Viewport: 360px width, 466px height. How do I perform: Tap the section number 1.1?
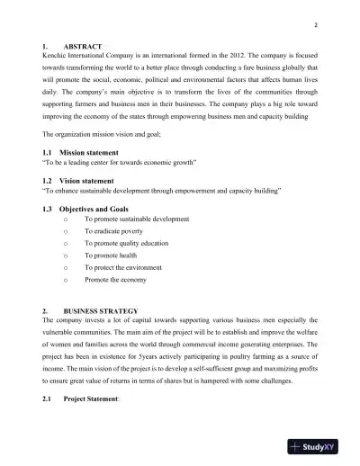click(x=49, y=154)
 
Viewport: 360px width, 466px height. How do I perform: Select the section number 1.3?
click(x=49, y=208)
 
